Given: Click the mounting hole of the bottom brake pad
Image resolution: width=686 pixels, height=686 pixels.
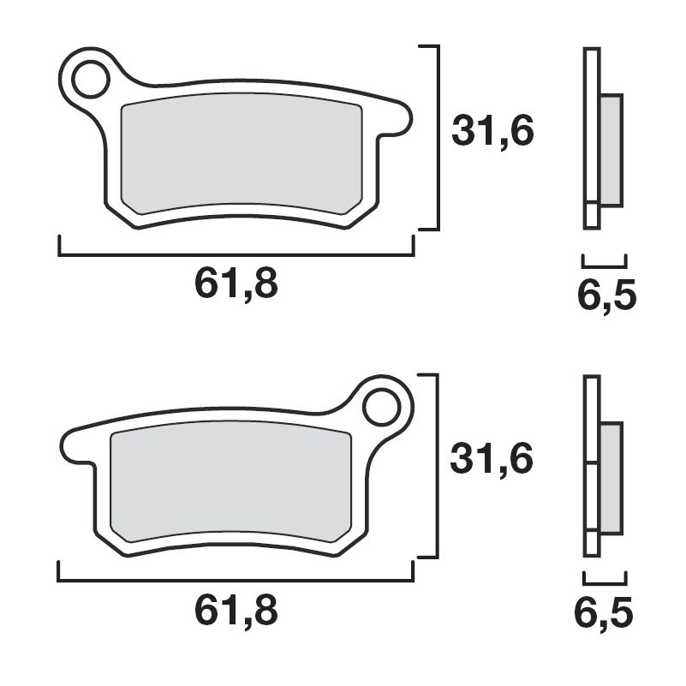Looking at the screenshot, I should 381,408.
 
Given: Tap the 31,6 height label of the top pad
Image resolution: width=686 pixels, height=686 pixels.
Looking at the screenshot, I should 492,132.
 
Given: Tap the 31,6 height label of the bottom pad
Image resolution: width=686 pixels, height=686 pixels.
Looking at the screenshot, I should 492,460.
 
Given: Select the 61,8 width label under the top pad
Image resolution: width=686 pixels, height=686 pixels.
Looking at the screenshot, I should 236,283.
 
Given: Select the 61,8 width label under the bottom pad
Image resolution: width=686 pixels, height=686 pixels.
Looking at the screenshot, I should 236,611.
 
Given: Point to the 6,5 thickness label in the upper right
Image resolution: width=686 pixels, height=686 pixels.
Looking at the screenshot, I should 606,297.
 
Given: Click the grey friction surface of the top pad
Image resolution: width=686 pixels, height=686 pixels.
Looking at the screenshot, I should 240,154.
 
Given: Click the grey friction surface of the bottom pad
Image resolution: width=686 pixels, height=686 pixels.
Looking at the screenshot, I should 231,484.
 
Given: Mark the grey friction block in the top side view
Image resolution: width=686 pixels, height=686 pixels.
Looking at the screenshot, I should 611,150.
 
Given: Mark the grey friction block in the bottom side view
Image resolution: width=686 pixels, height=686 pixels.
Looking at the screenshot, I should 611,477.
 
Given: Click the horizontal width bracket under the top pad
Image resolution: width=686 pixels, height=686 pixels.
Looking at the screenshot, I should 236,254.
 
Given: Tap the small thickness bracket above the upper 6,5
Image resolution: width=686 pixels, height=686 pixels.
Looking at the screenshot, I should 604,259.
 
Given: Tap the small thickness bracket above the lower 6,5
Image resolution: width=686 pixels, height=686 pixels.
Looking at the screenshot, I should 604,576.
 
